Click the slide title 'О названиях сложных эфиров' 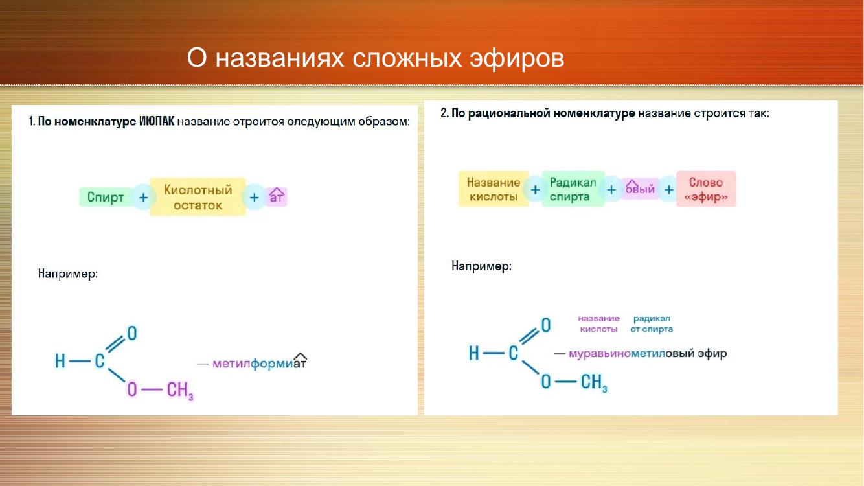click(x=375, y=58)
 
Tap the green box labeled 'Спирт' click(x=106, y=197)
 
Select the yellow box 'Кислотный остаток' click(x=198, y=197)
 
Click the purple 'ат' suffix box click(x=277, y=197)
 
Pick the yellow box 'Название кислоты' click(x=494, y=189)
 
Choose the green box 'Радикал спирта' click(x=573, y=189)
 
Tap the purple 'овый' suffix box click(x=641, y=189)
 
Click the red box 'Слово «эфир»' click(x=706, y=189)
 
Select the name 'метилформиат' click(x=260, y=364)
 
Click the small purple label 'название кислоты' click(x=598, y=324)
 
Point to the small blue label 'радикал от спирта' click(x=652, y=324)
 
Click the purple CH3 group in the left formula click(x=180, y=390)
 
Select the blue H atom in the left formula click(x=60, y=362)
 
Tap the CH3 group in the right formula click(x=594, y=382)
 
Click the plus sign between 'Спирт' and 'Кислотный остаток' click(x=144, y=198)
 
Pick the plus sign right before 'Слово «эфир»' click(x=669, y=189)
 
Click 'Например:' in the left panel click(x=68, y=274)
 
